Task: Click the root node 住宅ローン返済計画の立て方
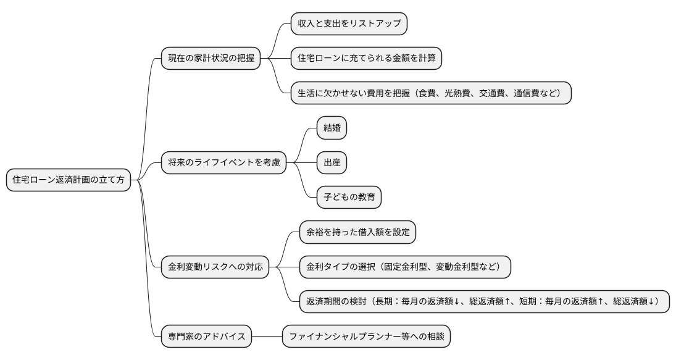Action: tap(69, 180)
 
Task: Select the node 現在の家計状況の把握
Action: tap(210, 59)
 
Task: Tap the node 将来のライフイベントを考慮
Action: tap(223, 163)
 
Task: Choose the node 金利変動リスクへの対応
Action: tap(215, 267)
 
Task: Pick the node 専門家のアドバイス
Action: tap(206, 337)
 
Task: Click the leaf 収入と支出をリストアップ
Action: tap(349, 23)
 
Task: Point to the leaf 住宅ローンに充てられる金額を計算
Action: tap(367, 59)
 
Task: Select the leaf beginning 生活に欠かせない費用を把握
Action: tap(430, 93)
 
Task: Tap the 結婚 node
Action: tap(332, 128)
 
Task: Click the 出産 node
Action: tap(332, 163)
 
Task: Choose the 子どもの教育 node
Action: tap(349, 198)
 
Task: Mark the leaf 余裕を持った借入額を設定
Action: tap(357, 233)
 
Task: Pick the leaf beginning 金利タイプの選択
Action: tap(405, 267)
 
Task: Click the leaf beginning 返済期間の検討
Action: tap(484, 302)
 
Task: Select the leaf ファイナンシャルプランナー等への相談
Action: tap(367, 337)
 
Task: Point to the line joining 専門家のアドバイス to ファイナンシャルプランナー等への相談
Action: tap(267, 337)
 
